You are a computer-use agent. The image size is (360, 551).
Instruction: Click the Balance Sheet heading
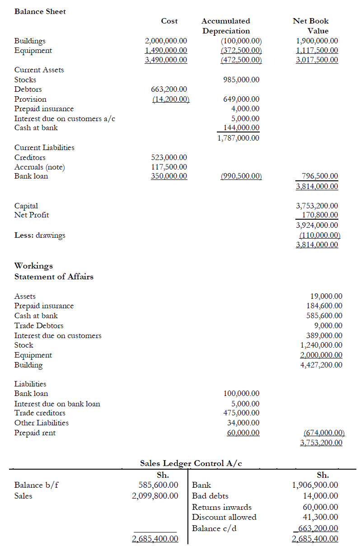click(x=40, y=12)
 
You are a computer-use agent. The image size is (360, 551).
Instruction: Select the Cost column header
click(x=169, y=21)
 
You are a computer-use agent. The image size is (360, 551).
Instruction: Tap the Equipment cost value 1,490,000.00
click(x=166, y=51)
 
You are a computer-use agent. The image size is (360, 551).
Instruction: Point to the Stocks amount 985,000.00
click(x=242, y=80)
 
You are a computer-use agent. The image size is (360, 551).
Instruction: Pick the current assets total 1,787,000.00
click(x=238, y=138)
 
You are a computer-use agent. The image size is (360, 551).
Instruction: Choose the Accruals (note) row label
click(x=40, y=167)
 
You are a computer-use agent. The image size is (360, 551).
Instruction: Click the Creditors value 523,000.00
click(x=169, y=157)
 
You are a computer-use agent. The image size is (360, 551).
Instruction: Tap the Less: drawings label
click(x=40, y=235)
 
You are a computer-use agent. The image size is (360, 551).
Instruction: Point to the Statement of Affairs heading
click(x=54, y=277)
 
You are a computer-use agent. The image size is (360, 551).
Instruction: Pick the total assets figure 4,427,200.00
click(x=321, y=365)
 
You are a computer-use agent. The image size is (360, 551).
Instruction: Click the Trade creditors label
click(x=40, y=413)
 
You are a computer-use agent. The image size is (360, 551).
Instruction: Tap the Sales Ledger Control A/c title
click(x=193, y=463)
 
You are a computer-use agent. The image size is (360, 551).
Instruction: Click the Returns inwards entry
click(x=222, y=507)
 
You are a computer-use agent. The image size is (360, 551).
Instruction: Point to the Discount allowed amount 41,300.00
click(x=320, y=517)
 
